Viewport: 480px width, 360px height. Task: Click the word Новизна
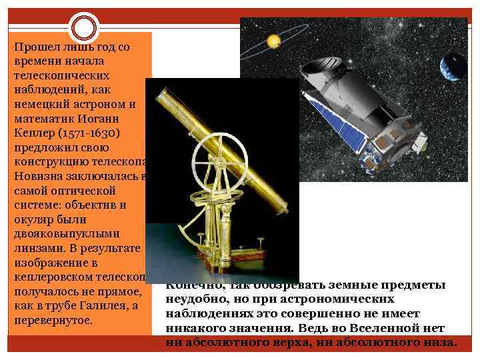(37, 176)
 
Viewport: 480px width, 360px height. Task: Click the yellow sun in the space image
(273, 41)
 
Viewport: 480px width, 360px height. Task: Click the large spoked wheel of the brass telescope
(214, 161)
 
